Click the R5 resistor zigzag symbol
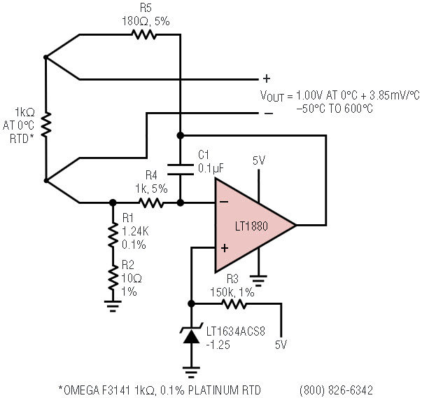coord(143,35)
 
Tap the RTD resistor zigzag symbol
coord(46,124)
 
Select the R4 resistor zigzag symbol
coord(151,203)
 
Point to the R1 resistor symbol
coord(113,235)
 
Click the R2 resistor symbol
coord(113,277)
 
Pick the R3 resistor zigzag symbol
coord(234,303)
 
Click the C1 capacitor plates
coord(181,170)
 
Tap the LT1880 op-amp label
coord(251,226)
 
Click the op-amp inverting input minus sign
coord(224,202)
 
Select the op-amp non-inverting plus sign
coord(225,248)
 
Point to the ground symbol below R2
coord(113,306)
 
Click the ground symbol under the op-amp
coord(258,281)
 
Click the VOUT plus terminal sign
coord(267,78)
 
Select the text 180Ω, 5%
coord(146,21)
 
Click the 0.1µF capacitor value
coord(211,168)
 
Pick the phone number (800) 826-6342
coord(336,390)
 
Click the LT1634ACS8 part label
coord(236,331)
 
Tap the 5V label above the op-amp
coord(259,161)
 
